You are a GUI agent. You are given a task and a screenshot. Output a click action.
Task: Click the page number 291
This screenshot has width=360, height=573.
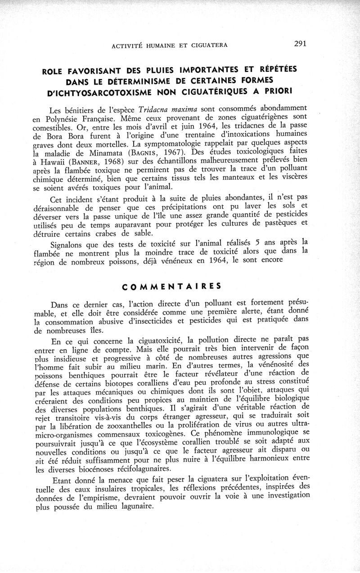pyautogui.click(x=300, y=44)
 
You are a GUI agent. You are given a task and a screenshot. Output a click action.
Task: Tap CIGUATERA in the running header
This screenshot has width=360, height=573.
pyautogui.click(x=208, y=45)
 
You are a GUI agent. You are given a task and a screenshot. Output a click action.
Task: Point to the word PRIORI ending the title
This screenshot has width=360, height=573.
pyautogui.click(x=274, y=90)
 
